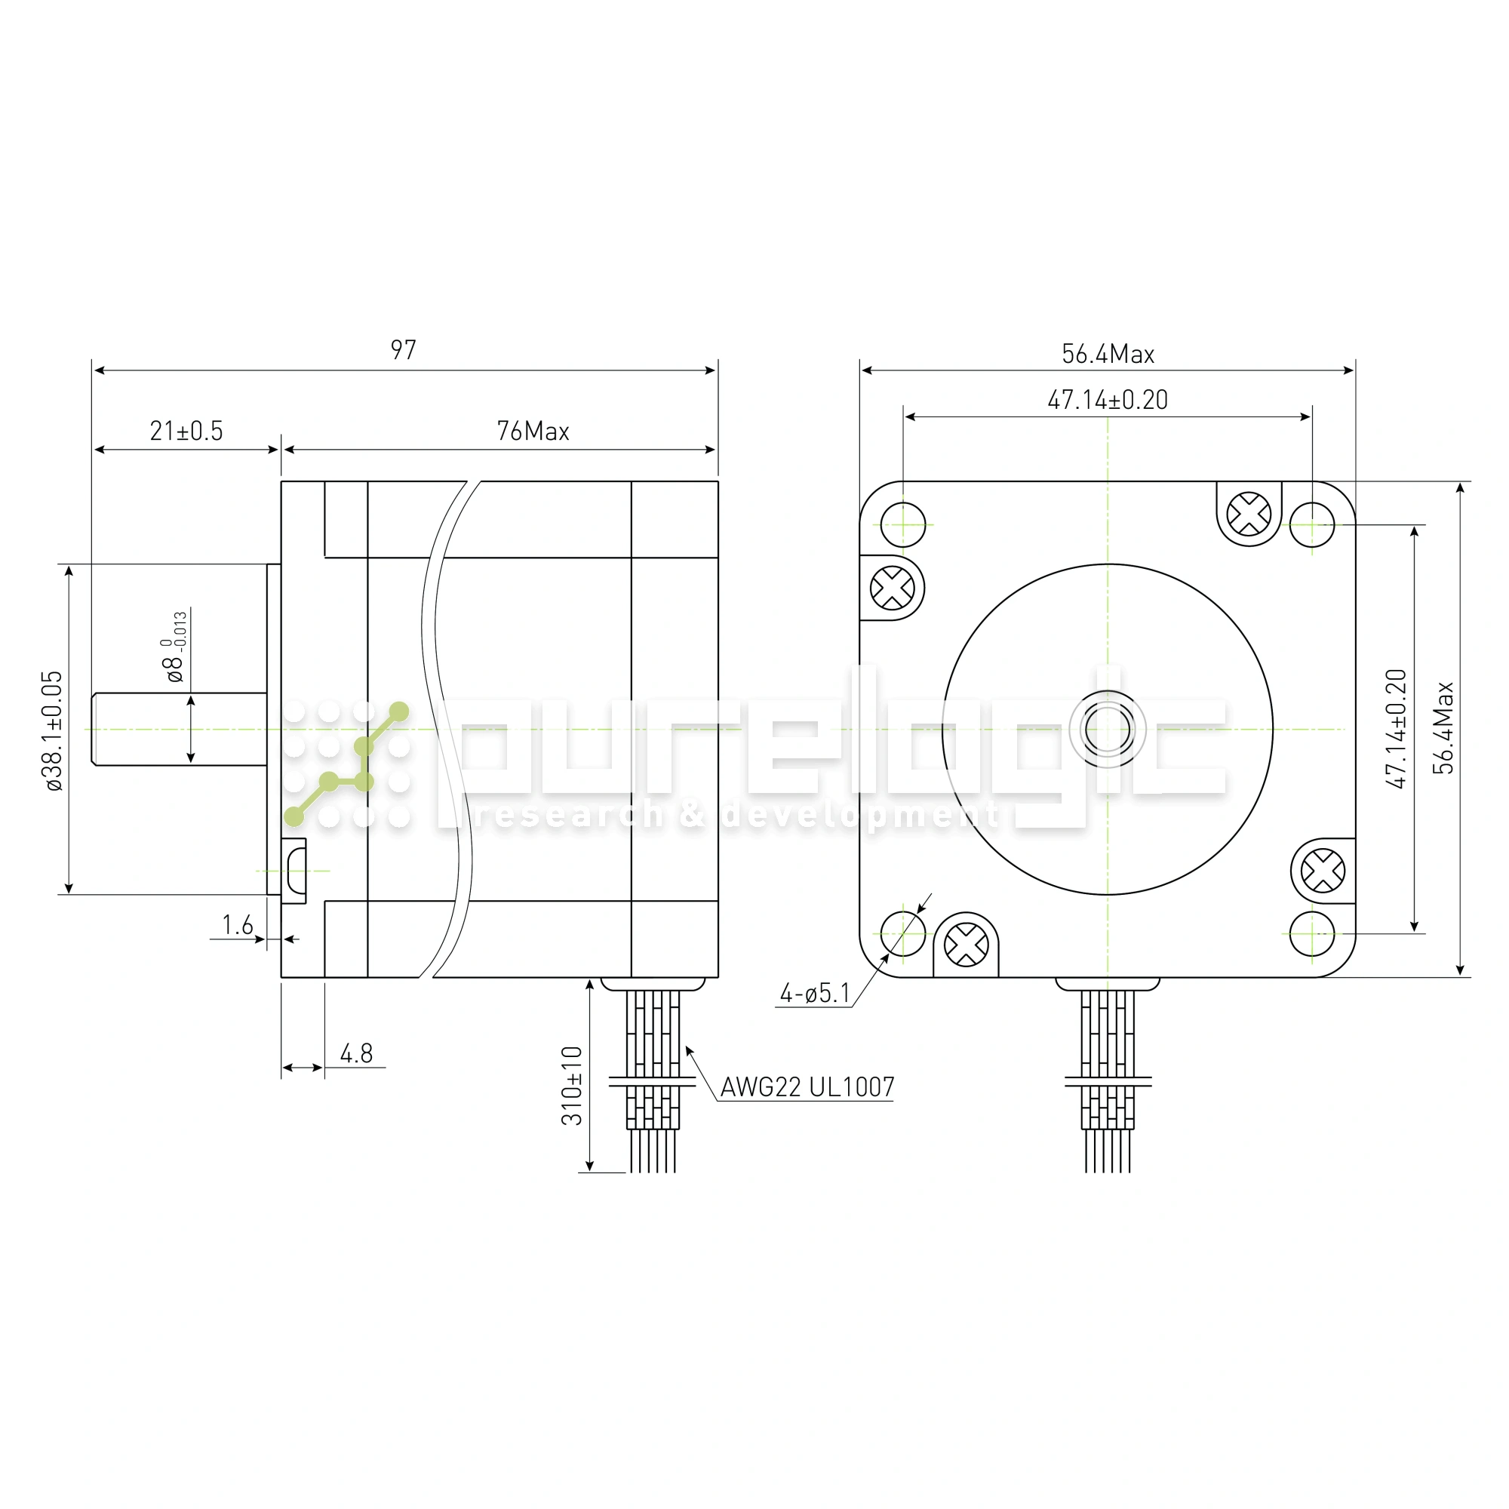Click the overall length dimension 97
pyautogui.click(x=403, y=350)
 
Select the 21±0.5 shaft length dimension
pyautogui.click(x=186, y=431)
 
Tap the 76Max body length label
pyautogui.click(x=533, y=431)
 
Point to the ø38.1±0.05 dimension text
pyautogui.click(x=54, y=731)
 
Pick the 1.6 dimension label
pyautogui.click(x=238, y=926)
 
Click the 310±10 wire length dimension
pyautogui.click(x=572, y=1086)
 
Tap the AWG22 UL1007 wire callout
pyautogui.click(x=807, y=1086)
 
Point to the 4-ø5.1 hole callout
pyautogui.click(x=815, y=994)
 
